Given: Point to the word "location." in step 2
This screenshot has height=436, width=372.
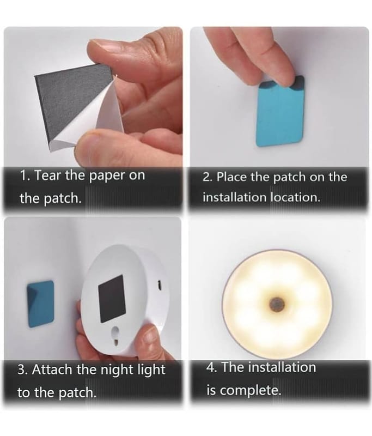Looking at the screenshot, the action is point(295,197).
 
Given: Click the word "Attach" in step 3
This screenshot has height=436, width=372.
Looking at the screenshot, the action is point(53,370).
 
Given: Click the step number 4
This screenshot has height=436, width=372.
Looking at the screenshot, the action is point(211,367).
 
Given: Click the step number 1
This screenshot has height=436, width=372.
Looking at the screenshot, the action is point(25,175).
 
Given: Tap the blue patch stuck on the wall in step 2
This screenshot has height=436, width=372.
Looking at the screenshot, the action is point(280,111).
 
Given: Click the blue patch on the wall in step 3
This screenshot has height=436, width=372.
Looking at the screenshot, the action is point(40,304).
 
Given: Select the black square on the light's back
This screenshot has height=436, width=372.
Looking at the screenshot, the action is point(112,299).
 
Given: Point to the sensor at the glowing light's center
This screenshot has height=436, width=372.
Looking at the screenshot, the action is point(276,304).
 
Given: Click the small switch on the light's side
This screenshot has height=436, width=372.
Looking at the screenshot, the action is point(160,286).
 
